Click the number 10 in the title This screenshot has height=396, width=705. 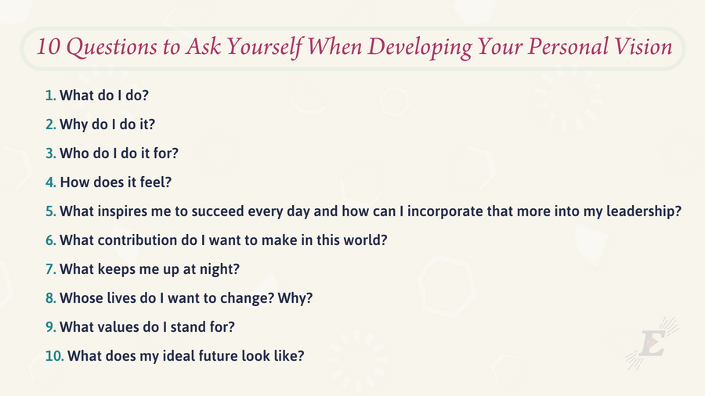[x=48, y=47]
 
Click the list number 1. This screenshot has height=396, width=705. [x=50, y=95]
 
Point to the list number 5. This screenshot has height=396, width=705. [x=50, y=211]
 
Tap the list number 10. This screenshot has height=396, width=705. [x=54, y=356]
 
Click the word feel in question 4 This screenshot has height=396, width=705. [x=156, y=182]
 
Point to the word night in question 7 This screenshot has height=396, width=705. [x=219, y=269]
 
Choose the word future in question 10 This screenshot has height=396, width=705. [x=218, y=356]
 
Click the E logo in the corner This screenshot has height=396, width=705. [x=652, y=344]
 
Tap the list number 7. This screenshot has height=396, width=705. [x=50, y=269]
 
